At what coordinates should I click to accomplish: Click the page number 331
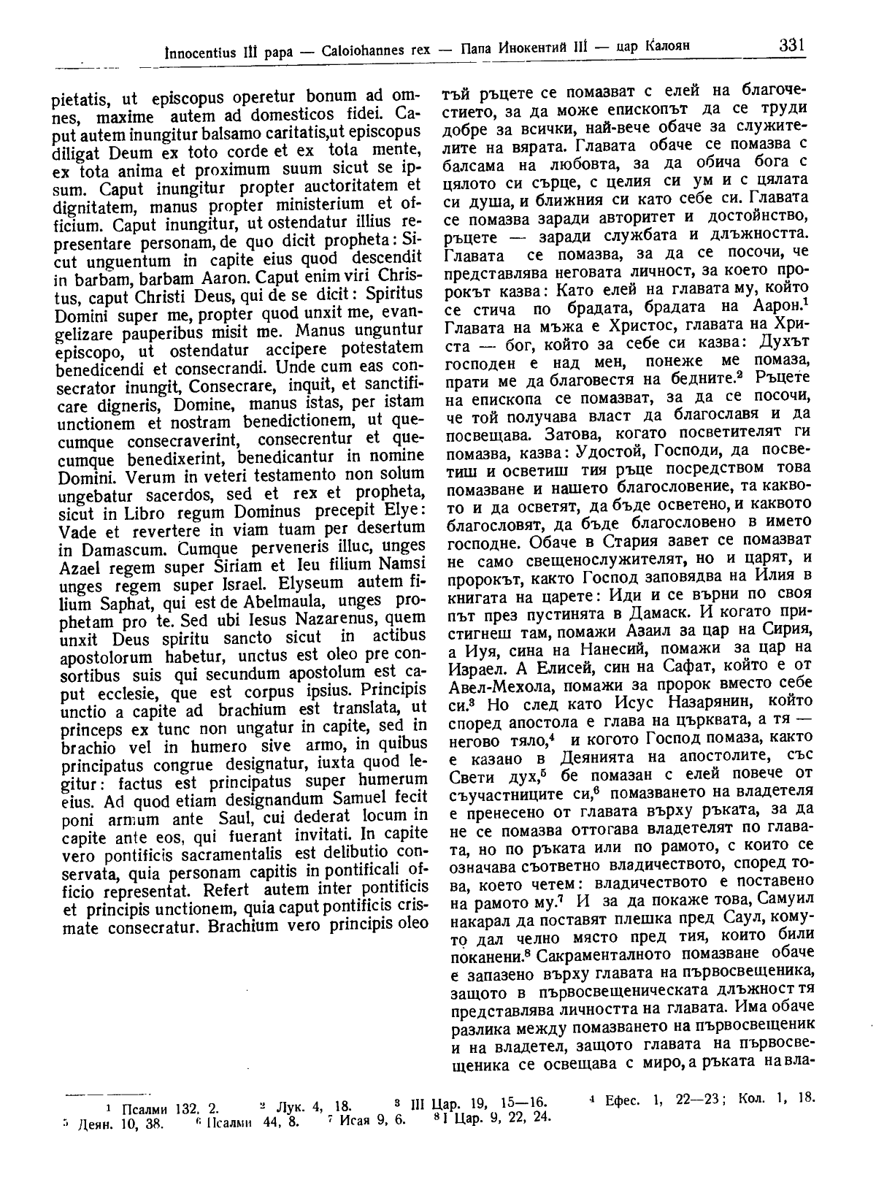click(x=791, y=45)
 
